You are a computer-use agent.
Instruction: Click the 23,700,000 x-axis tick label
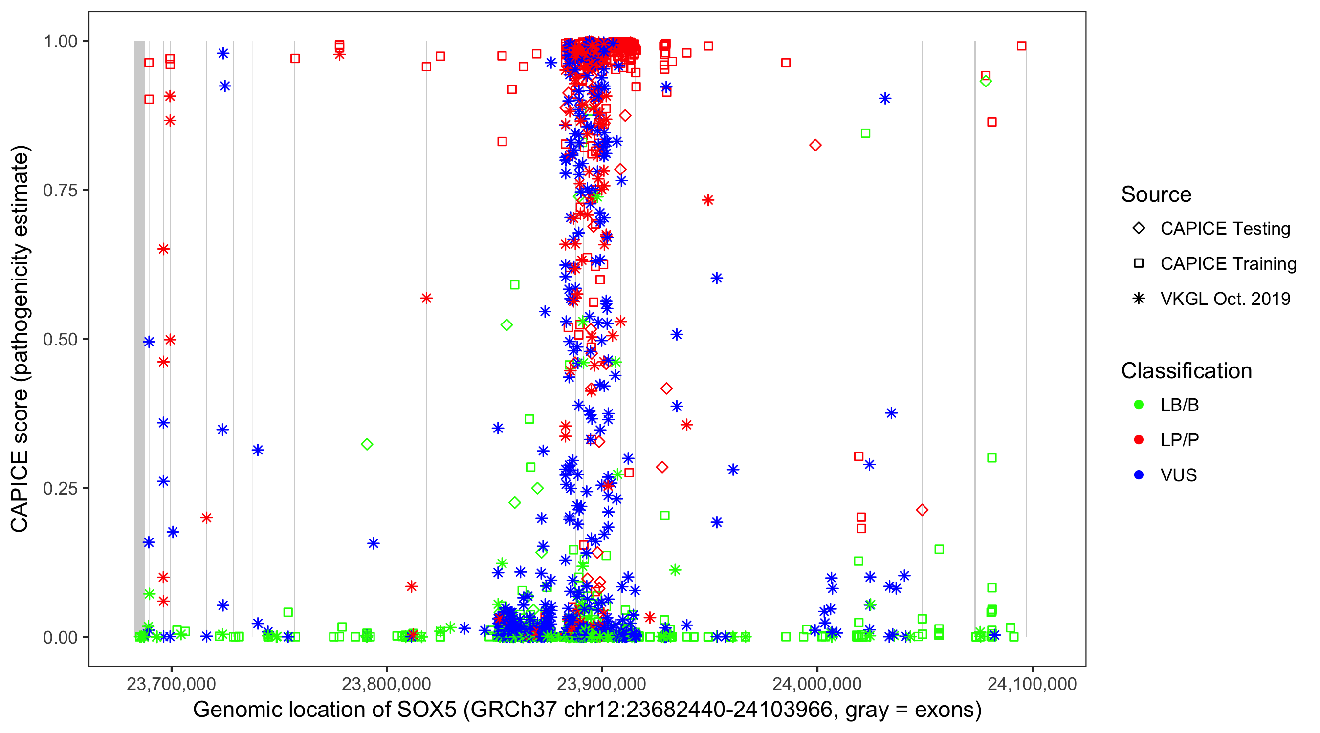171,684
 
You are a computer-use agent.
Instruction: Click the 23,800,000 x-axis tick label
386,684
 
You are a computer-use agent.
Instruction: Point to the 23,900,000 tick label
602,684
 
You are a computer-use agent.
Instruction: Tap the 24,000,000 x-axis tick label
817,684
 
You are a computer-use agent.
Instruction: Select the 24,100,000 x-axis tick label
1032,684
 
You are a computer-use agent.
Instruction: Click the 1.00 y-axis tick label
60,42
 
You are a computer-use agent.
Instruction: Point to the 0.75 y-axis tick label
60,191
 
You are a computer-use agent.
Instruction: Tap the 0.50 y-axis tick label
60,340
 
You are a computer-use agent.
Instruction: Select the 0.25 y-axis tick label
60,488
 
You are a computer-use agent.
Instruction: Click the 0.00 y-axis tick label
60,637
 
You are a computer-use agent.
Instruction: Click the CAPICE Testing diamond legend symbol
1139,229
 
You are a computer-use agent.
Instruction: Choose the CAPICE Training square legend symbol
1139,264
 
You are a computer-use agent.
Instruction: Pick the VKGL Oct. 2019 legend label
1225,299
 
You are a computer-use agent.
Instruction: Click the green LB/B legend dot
1139,405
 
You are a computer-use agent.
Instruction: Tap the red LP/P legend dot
1139,440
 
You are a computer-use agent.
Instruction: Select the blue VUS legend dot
1139,475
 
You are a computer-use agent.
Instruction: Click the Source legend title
1156,194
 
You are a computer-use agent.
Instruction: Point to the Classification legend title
1186,371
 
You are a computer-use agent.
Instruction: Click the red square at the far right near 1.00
1021,46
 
